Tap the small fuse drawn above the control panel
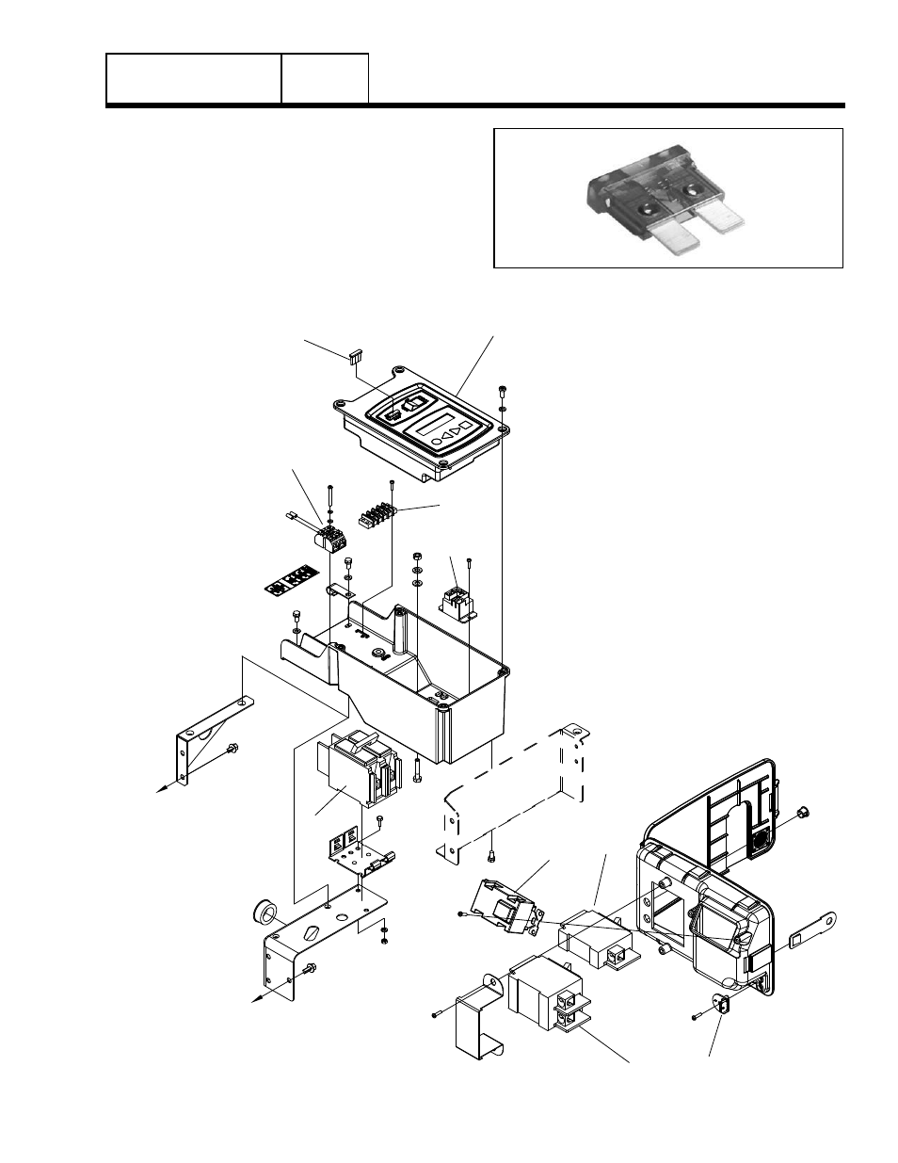point(354,357)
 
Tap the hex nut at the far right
point(803,812)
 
